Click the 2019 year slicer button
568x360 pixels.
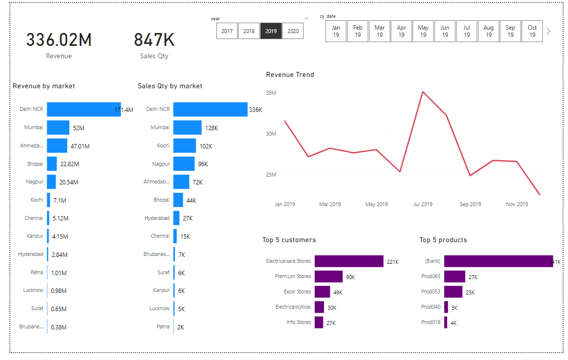(x=271, y=31)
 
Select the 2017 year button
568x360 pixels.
(x=227, y=31)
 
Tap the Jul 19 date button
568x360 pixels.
(x=466, y=31)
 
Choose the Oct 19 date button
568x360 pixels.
(x=532, y=31)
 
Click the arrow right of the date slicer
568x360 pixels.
(x=548, y=31)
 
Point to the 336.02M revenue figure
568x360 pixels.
(x=59, y=40)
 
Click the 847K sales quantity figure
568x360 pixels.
(x=154, y=40)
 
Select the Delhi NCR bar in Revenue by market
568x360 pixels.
(x=84, y=109)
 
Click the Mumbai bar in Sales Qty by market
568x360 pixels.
(x=187, y=127)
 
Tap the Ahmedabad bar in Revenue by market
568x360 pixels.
(x=57, y=145)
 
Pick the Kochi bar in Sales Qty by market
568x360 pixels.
(x=184, y=145)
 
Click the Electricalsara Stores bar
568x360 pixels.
(x=349, y=261)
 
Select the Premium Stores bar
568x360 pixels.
(x=328, y=276)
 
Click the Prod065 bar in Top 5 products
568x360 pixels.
(x=455, y=276)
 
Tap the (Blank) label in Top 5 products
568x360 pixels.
(x=432, y=261)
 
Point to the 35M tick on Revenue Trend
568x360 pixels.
(x=270, y=93)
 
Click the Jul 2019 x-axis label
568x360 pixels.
(x=423, y=204)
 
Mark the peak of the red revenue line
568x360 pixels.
(x=423, y=91)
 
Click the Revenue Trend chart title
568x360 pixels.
(x=290, y=75)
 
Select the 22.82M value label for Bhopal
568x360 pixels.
(x=70, y=164)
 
